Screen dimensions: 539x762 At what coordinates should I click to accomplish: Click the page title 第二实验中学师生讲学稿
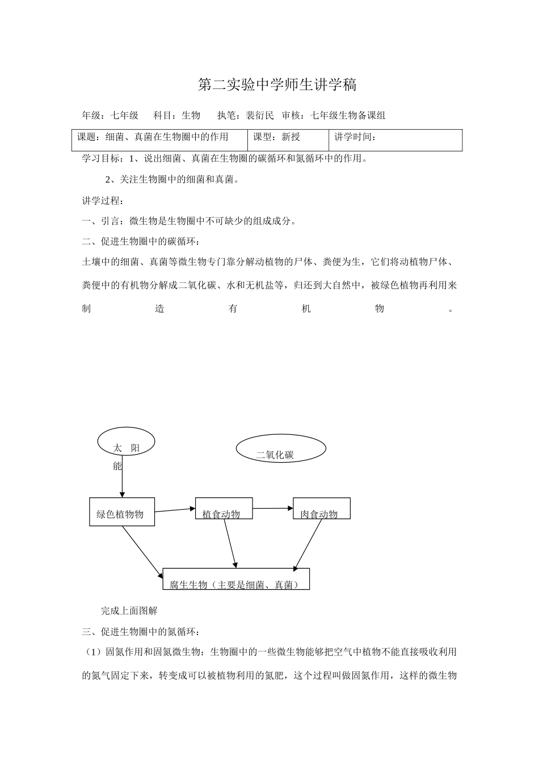coord(277,85)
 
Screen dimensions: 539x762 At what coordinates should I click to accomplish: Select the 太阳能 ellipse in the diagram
coord(126,442)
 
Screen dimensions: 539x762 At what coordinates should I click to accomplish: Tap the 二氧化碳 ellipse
coord(280,449)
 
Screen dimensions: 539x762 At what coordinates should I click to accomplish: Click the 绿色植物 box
coord(122,512)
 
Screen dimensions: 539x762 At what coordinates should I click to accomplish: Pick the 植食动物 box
coord(224,509)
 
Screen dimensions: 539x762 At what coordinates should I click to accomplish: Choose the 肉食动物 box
coord(321,509)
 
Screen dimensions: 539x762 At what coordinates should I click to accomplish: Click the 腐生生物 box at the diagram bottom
coord(236,579)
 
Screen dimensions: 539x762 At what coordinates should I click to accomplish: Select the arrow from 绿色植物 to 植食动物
coord(175,510)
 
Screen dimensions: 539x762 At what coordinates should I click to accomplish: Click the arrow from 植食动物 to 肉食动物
coord(272,509)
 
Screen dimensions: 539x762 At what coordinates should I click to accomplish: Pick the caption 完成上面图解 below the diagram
coord(129,611)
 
